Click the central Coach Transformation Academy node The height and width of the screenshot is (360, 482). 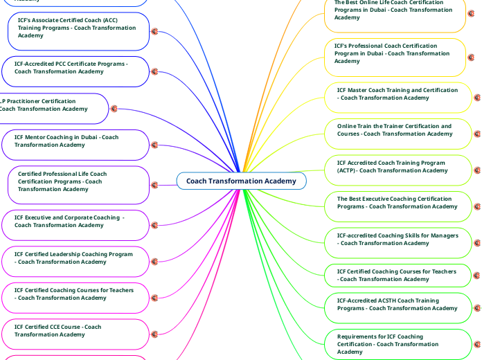tap(241, 181)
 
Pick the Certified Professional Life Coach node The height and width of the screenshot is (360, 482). tap(78, 185)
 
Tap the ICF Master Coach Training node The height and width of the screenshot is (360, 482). tap(398, 97)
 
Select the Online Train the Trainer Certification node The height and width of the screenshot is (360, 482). tap(398, 134)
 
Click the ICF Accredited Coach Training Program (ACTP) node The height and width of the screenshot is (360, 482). tap(398, 170)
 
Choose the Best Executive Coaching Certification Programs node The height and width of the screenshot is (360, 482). tap(398, 206)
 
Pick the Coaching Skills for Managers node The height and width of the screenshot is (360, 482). tap(398, 242)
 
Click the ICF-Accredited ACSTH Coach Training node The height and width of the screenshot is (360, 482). tap(398, 308)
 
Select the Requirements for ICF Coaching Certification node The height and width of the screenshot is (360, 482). tap(398, 344)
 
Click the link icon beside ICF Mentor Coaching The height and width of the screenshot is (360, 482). tap(154, 145)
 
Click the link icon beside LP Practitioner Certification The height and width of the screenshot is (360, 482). tap(114, 109)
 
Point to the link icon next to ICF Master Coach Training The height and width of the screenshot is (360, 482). tap(477, 98)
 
